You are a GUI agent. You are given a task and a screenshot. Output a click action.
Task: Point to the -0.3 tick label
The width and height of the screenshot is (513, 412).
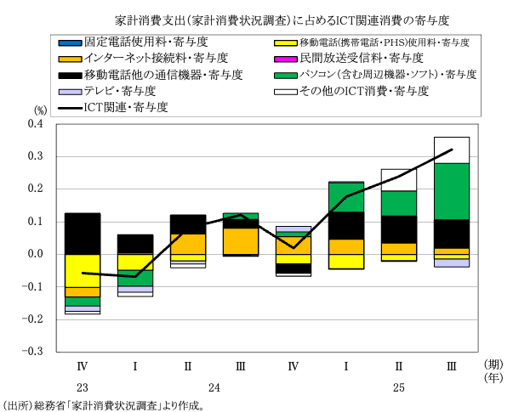click(x=31, y=351)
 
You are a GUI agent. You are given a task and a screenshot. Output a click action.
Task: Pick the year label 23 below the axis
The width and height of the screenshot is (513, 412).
click(x=83, y=387)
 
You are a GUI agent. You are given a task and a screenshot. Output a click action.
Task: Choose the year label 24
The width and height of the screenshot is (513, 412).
click(x=214, y=387)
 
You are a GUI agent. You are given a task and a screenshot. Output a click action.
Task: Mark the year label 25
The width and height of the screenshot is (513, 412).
click(x=397, y=387)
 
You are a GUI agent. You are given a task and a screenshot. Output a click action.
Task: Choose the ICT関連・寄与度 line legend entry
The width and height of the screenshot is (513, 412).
click(x=127, y=107)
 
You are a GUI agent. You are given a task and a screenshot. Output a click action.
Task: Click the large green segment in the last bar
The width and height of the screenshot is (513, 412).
click(x=452, y=191)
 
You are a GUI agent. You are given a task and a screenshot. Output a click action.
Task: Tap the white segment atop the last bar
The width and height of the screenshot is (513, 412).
click(x=452, y=150)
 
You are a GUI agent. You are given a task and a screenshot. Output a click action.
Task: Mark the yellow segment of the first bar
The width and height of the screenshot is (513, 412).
click(x=83, y=270)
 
